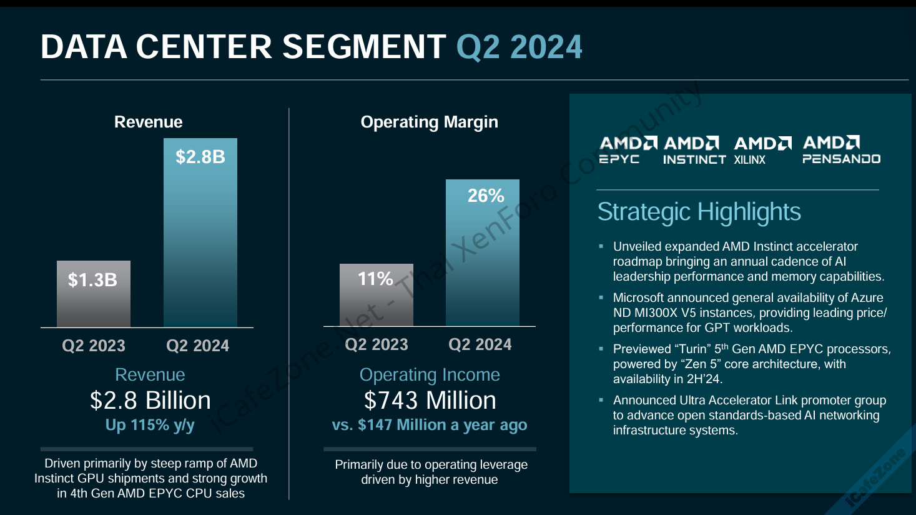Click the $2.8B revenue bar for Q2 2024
[x=200, y=232]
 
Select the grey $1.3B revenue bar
[x=94, y=294]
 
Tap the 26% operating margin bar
[x=483, y=252]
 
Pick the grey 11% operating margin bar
[x=377, y=295]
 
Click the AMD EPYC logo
[x=628, y=150]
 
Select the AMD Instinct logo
[x=694, y=150]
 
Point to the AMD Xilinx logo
[x=762, y=150]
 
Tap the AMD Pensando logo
[x=842, y=149]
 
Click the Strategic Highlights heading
[x=699, y=212]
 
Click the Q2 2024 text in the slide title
[x=519, y=47]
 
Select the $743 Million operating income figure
[x=430, y=400]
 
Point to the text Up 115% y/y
[x=150, y=425]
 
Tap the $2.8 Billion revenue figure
[x=150, y=400]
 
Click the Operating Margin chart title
[x=430, y=122]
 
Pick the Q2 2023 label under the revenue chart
[x=94, y=346]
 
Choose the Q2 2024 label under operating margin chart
[x=480, y=345]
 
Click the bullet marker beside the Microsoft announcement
[x=601, y=297]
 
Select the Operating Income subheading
[x=430, y=375]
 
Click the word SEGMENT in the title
[x=364, y=47]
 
